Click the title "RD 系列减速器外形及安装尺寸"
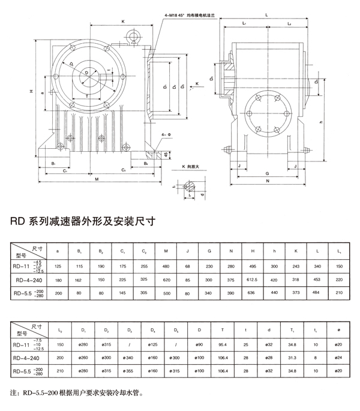82,220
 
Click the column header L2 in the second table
58,330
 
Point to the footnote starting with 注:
77,394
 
